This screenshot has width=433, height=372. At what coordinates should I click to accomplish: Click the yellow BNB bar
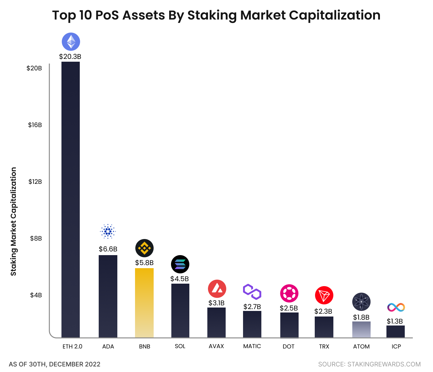[x=144, y=303]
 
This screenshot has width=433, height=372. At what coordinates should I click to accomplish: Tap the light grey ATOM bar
[x=361, y=329]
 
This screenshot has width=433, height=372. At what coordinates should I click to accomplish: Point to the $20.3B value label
[x=70, y=57]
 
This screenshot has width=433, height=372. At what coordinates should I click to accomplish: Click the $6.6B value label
[x=108, y=249]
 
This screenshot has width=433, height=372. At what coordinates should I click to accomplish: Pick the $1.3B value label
[x=395, y=321]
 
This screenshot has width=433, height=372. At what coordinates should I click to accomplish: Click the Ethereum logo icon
[x=71, y=42]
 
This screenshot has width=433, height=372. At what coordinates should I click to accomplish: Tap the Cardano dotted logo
[x=108, y=231]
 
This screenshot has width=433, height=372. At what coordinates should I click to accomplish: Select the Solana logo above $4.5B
[x=180, y=264]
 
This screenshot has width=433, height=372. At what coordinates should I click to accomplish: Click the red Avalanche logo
[x=217, y=289]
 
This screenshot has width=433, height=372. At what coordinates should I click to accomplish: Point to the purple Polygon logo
[x=252, y=292]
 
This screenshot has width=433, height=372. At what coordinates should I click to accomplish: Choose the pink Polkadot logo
[x=289, y=293]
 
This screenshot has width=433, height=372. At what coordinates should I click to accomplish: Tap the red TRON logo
[x=324, y=295]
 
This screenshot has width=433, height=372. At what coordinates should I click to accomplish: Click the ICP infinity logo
[x=396, y=307]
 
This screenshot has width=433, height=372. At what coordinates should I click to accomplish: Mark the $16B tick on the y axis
[x=35, y=125]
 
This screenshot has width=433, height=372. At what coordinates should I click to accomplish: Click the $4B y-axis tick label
[x=36, y=295]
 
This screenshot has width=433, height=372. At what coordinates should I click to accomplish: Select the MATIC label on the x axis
[x=252, y=346]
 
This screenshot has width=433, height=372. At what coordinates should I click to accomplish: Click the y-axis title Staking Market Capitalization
[x=13, y=221]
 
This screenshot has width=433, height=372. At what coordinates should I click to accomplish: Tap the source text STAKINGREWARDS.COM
[x=369, y=364]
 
